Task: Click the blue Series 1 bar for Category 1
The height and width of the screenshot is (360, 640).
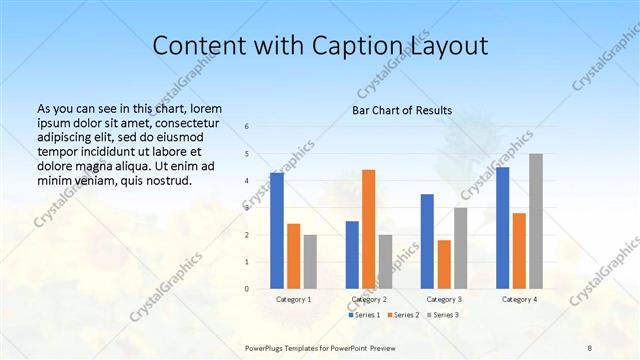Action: coord(277,231)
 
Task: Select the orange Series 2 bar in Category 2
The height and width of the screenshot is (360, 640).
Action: coord(368,229)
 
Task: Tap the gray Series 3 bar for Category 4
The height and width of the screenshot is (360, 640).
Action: coord(536,221)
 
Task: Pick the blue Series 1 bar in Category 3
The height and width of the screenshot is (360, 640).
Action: coord(427,241)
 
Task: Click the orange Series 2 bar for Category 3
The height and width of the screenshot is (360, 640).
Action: coord(444,264)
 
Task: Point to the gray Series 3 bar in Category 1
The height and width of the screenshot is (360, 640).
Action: coord(310,262)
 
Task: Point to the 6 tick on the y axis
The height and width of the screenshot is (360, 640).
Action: coord(247,126)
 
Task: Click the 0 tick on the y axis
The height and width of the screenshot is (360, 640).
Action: coord(247,289)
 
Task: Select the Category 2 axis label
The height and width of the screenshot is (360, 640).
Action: coord(368,299)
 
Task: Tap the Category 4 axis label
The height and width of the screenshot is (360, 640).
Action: coord(519,299)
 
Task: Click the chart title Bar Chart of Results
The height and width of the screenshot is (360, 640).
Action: coord(402,110)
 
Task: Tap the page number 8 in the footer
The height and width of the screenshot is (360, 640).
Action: coord(590,347)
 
